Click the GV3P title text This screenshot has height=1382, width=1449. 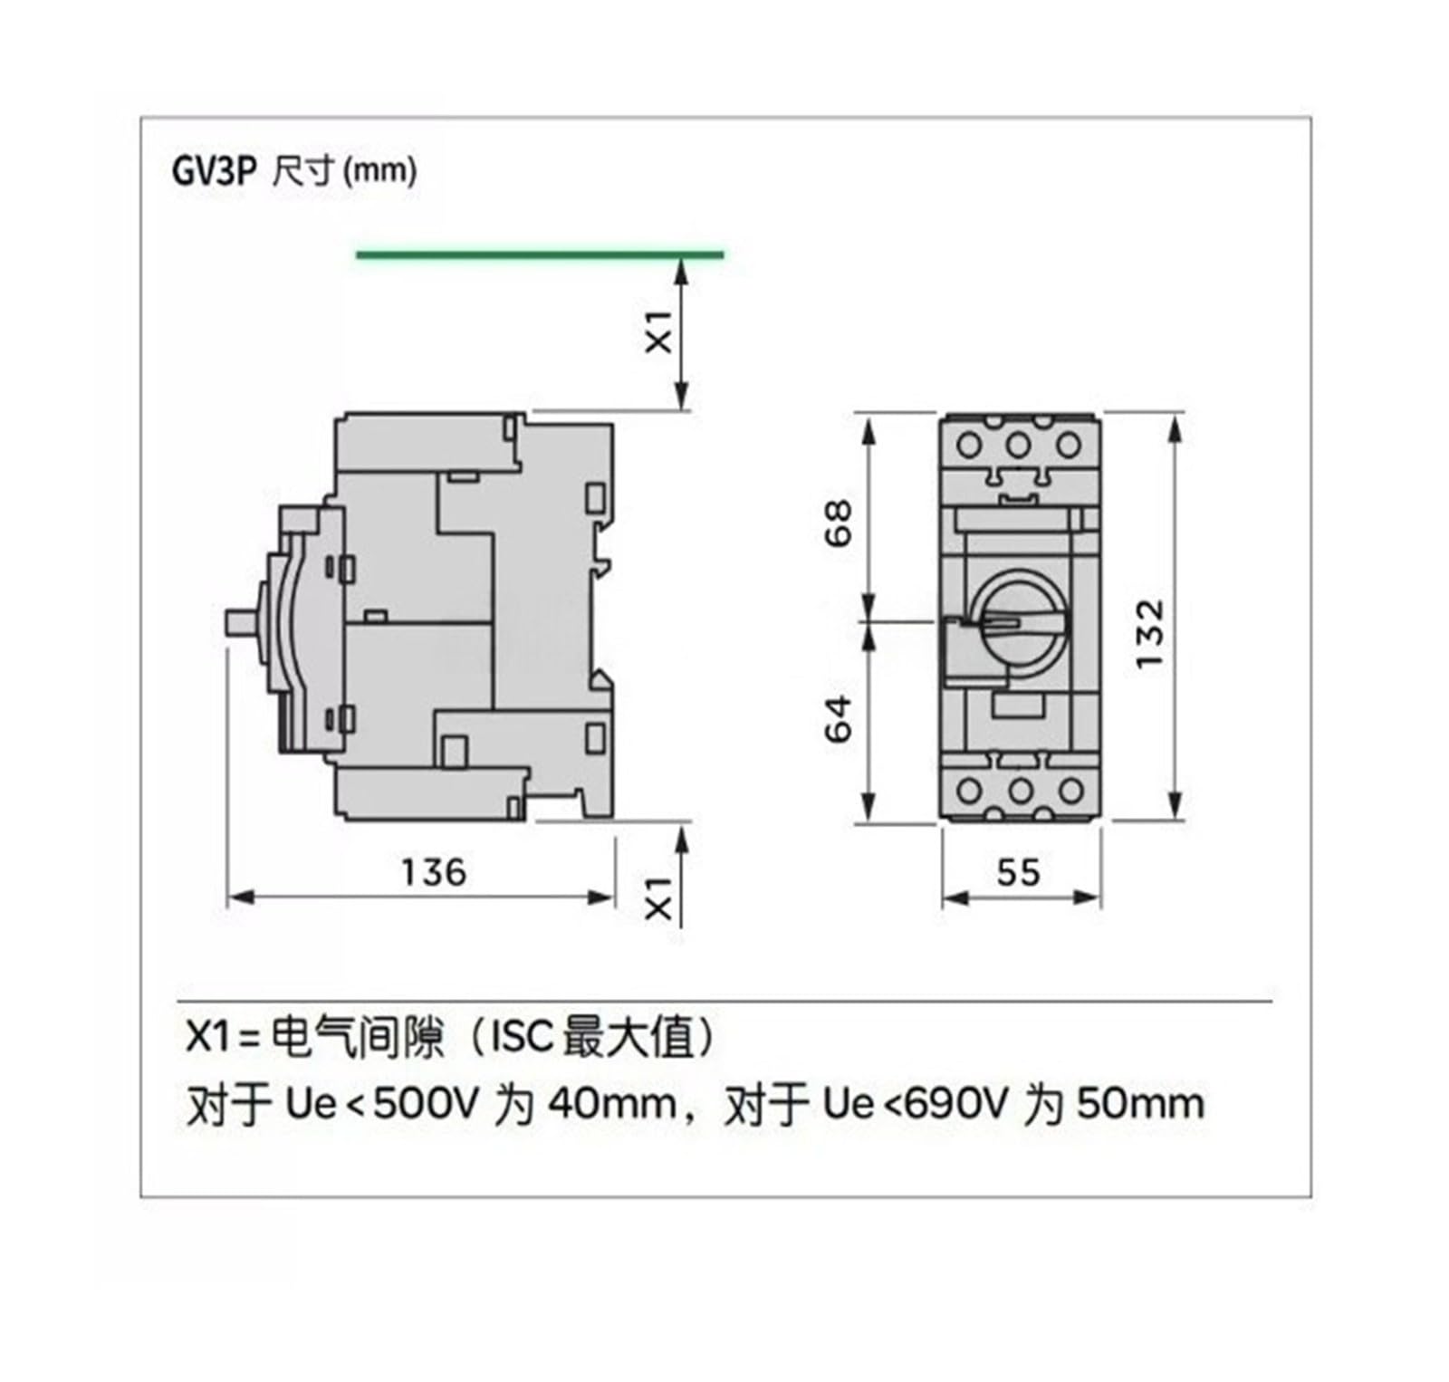(x=215, y=171)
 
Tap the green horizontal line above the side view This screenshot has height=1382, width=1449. (x=540, y=254)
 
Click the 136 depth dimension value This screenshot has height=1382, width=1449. (x=434, y=872)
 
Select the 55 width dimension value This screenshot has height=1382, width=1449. (x=1019, y=872)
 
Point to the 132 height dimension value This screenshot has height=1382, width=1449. (x=1149, y=633)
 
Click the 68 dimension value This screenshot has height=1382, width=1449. (x=840, y=523)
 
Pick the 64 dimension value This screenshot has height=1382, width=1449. (x=840, y=719)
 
